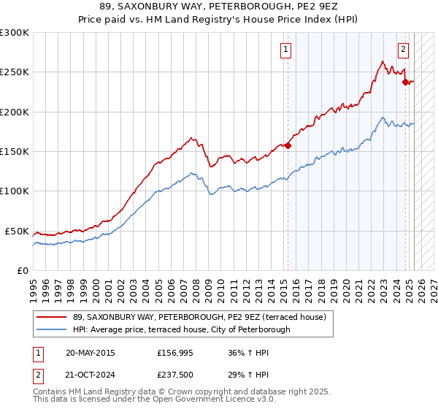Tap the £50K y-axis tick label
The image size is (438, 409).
[15, 231]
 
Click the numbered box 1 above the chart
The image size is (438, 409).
[285, 50]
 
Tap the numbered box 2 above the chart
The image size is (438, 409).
[403, 50]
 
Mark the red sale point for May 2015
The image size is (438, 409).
[288, 146]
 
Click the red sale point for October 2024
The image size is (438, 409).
[405, 82]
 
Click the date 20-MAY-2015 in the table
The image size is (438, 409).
[90, 353]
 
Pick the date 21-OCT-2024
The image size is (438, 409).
[90, 375]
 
